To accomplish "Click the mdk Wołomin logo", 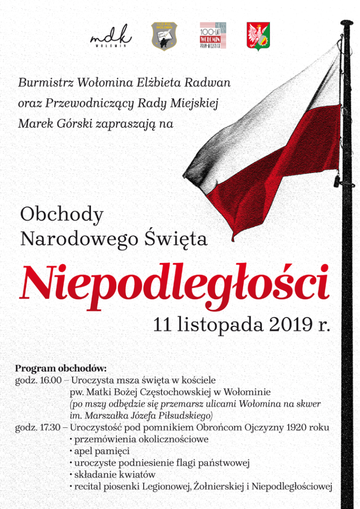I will tap(111, 35).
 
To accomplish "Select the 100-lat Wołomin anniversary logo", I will tap(213, 35).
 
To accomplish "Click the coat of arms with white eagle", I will tap(259, 35).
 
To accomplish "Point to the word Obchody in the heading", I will tap(62, 215).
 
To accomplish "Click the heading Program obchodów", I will tap(61, 369).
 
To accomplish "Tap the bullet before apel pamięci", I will tap(72, 451).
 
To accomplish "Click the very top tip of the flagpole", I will tap(347, 21).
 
